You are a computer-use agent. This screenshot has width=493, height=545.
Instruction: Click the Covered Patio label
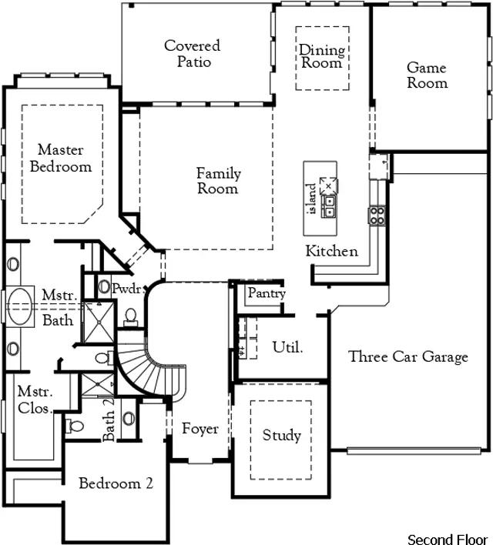(193, 54)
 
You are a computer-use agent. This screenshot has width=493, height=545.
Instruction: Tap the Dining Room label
(322, 56)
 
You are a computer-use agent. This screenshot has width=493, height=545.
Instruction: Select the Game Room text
(427, 75)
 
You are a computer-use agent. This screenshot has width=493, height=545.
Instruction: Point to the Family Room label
(219, 181)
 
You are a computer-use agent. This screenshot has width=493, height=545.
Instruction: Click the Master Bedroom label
(61, 158)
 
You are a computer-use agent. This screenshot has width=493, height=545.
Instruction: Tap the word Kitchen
(331, 251)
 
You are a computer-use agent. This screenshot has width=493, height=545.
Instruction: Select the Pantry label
(267, 293)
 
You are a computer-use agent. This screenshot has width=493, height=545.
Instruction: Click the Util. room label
(287, 347)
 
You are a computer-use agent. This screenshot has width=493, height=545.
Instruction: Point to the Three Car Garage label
(408, 357)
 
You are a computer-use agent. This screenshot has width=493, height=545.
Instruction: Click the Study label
(281, 435)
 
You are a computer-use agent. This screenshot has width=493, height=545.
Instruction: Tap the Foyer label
(200, 429)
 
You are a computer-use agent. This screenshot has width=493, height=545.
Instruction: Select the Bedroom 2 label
(116, 483)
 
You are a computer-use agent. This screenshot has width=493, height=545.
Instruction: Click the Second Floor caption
(448, 540)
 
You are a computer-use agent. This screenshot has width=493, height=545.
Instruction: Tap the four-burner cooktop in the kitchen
(377, 216)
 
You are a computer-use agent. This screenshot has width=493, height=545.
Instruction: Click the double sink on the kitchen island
(328, 206)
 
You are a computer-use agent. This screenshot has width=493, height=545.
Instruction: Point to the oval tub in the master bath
(19, 306)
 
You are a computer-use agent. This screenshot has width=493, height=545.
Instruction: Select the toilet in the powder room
(131, 317)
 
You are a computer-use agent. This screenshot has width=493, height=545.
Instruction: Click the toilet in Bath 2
(74, 426)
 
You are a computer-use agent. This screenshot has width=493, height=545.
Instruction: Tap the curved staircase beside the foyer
(150, 369)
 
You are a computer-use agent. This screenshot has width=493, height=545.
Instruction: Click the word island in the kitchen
(312, 199)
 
